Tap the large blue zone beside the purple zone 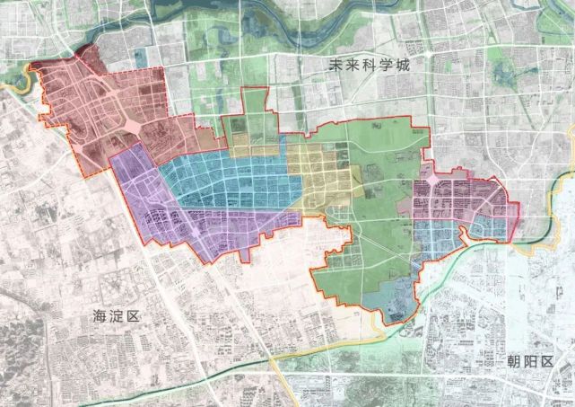[x=233, y=180]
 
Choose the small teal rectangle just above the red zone [x=142, y=56]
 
